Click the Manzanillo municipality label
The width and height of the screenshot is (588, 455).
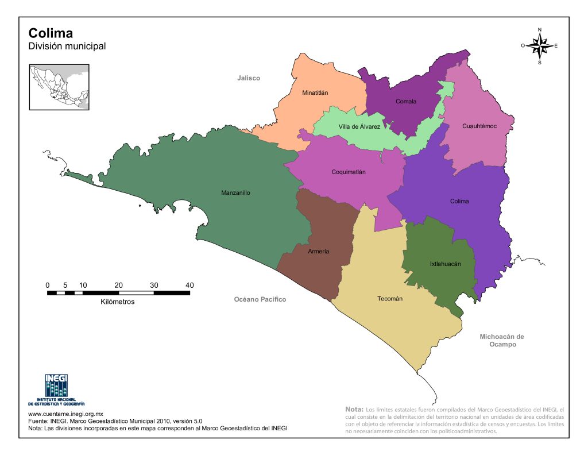(235, 193)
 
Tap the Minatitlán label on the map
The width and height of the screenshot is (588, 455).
(315, 92)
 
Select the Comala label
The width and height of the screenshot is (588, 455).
(406, 102)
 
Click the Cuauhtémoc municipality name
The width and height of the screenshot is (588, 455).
(479, 126)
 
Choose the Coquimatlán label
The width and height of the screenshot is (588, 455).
(349, 172)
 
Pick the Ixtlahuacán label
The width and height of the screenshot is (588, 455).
(446, 264)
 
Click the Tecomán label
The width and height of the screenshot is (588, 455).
(389, 299)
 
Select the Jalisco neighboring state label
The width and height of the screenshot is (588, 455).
(249, 78)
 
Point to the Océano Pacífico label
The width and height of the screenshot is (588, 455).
(260, 300)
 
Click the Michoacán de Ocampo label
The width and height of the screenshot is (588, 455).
(502, 340)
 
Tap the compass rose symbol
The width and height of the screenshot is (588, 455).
(540, 45)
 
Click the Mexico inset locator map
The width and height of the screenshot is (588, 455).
(60, 87)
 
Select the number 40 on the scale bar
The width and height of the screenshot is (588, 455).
(189, 285)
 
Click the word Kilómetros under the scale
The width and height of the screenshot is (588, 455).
(117, 302)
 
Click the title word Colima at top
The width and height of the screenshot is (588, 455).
(51, 33)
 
